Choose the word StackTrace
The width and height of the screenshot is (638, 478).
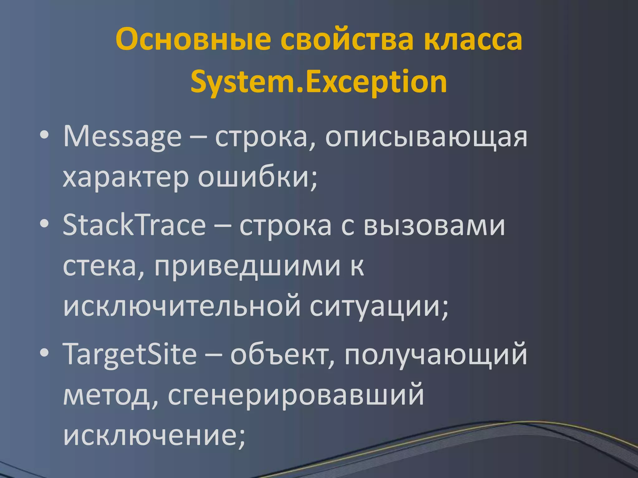[x=134, y=225]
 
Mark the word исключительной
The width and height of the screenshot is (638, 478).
[x=182, y=307]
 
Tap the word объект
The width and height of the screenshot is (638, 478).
[x=282, y=355]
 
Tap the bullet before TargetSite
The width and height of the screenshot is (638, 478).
[x=45, y=354]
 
